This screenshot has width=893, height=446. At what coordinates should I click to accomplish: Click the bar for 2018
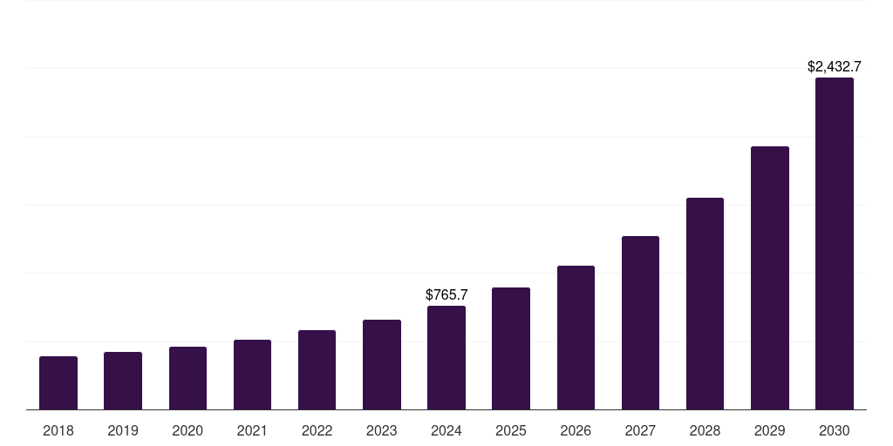pos(58,383)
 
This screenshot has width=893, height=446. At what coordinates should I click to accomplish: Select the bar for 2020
pos(187,378)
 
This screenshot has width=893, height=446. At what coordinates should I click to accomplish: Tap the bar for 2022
pos(317,370)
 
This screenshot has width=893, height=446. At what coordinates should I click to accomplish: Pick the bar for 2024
pos(446,358)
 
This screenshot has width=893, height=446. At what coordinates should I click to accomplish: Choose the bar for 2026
pos(576,338)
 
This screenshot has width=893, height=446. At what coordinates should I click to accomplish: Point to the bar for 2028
pos(705,304)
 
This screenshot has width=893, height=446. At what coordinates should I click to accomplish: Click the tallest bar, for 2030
pos(835,244)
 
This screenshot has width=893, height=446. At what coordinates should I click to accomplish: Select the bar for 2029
pos(770,278)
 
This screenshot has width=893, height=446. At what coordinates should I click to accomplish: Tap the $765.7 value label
pos(446,295)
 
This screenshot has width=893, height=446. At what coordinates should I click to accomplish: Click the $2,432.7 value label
pos(835,66)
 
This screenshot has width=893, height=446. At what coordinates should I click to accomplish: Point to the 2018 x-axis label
pos(58,430)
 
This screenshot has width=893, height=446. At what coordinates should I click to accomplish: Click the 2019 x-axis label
pos(123,430)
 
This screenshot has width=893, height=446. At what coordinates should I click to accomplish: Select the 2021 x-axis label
pos(252,430)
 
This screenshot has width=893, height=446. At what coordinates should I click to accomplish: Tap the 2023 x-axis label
pos(382,430)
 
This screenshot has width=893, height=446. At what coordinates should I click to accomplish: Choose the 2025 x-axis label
pos(511,430)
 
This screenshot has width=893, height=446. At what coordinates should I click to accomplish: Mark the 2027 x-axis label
pos(640,430)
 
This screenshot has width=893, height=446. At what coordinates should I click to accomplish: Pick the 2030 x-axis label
pos(835,430)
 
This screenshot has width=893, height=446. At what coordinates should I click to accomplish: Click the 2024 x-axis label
pos(446,430)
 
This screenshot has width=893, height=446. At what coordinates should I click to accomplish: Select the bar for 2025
pos(511,348)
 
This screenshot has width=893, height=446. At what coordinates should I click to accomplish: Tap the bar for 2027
pos(640,323)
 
